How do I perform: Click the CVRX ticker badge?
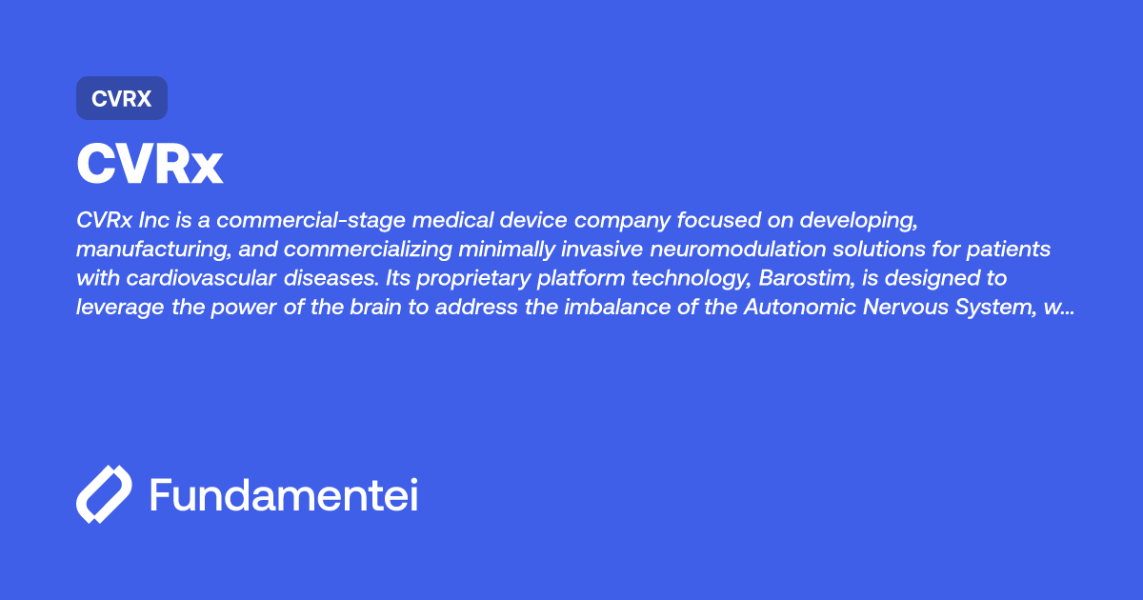point(122,98)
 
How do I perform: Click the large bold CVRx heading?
point(150,164)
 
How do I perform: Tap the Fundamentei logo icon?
point(104,494)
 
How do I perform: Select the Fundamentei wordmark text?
point(284,494)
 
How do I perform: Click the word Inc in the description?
point(154,220)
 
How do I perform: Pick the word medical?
point(452,220)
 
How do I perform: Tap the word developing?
point(859,221)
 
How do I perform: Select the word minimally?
point(507,250)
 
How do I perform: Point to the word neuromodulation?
point(738,249)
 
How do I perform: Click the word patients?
point(1009,250)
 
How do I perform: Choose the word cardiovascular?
point(201,278)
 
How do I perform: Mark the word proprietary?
point(473,279)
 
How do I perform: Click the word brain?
point(375,307)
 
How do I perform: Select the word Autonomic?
point(800,307)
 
